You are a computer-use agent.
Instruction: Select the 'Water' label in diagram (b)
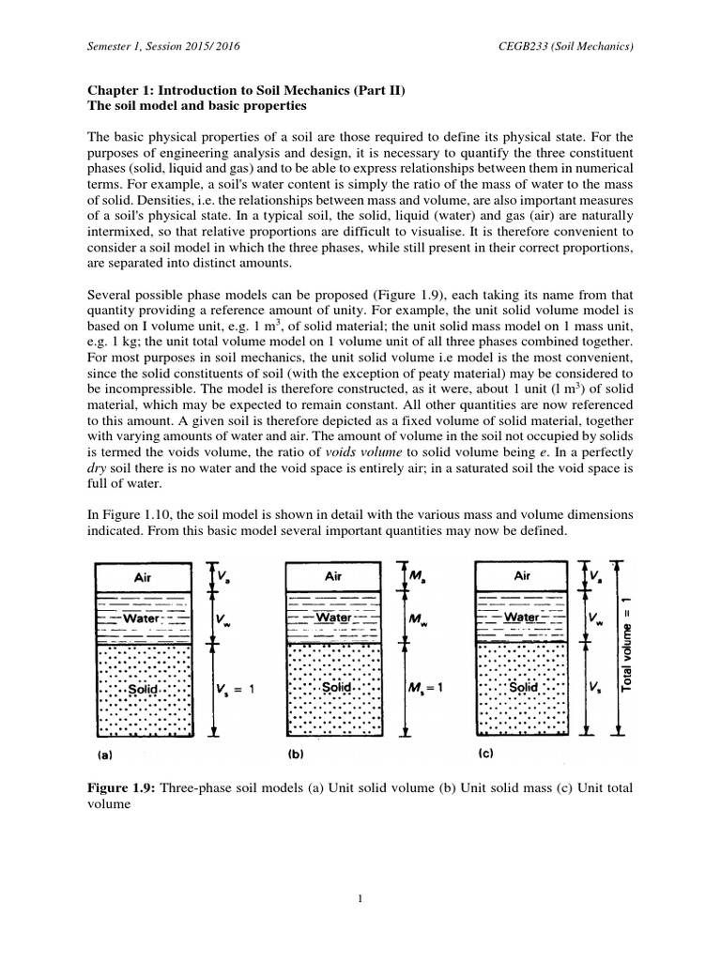coord(333,618)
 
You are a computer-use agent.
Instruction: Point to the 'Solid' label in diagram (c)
coord(522,688)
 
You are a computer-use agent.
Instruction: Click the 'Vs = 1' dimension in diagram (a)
coord(236,689)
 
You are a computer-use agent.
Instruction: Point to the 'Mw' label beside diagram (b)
coord(417,619)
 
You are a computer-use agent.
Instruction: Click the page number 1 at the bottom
coord(360,899)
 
